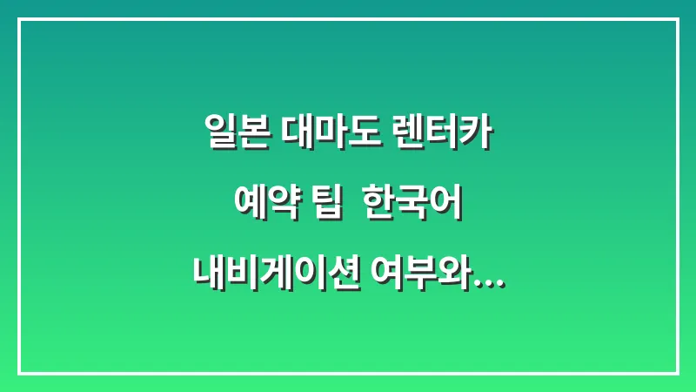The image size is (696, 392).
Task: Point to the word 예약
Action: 261,205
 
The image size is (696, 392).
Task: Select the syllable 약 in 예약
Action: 279,205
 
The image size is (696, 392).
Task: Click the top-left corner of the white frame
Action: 19,19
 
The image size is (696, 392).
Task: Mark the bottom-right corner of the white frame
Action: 677,373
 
